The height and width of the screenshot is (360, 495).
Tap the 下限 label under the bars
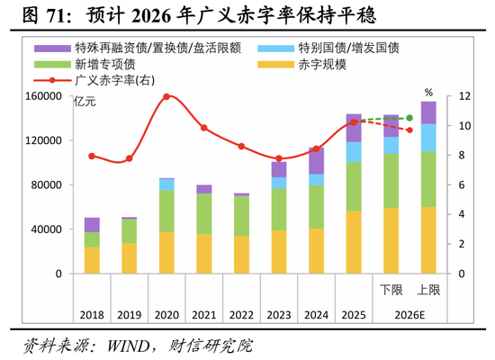pyautogui.click(x=391, y=290)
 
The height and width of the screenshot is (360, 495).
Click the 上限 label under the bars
pyautogui.click(x=428, y=290)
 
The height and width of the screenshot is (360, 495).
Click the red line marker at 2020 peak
pyautogui.click(x=166, y=96)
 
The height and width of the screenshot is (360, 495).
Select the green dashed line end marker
pyautogui.click(x=409, y=118)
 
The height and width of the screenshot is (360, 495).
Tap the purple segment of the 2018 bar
pyautogui.click(x=92, y=224)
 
